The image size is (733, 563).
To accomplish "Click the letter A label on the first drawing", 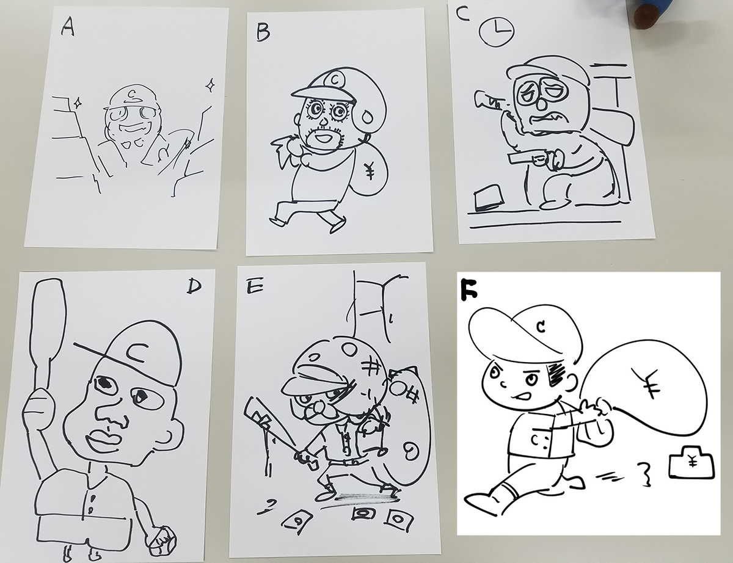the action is (68, 26).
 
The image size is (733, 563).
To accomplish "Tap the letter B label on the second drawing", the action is (263, 33).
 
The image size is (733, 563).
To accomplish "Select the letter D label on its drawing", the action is (194, 286).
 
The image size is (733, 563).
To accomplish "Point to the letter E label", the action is (255, 286).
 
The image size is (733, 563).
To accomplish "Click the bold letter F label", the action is (469, 289).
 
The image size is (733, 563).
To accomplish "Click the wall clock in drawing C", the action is (497, 31).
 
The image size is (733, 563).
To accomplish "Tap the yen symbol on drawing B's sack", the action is (370, 170).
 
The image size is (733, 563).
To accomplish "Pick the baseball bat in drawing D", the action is (47, 337).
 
